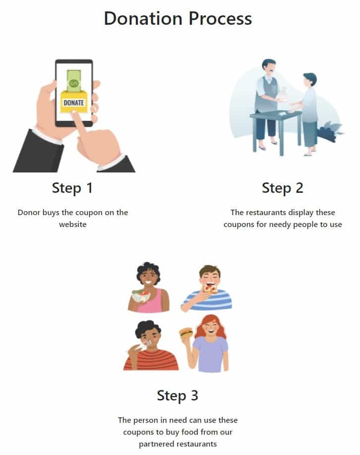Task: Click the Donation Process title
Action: (x=178, y=18)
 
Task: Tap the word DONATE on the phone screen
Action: (x=74, y=103)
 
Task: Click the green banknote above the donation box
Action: (x=74, y=80)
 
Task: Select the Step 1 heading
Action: (x=72, y=188)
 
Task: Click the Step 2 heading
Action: (x=283, y=188)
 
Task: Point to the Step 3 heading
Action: (x=178, y=396)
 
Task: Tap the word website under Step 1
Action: (x=73, y=225)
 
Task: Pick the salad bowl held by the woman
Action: (x=141, y=296)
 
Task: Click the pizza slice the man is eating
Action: (x=210, y=289)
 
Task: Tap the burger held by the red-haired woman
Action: (x=186, y=334)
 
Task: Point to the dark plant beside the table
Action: (x=330, y=132)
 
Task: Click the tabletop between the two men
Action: (x=276, y=115)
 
